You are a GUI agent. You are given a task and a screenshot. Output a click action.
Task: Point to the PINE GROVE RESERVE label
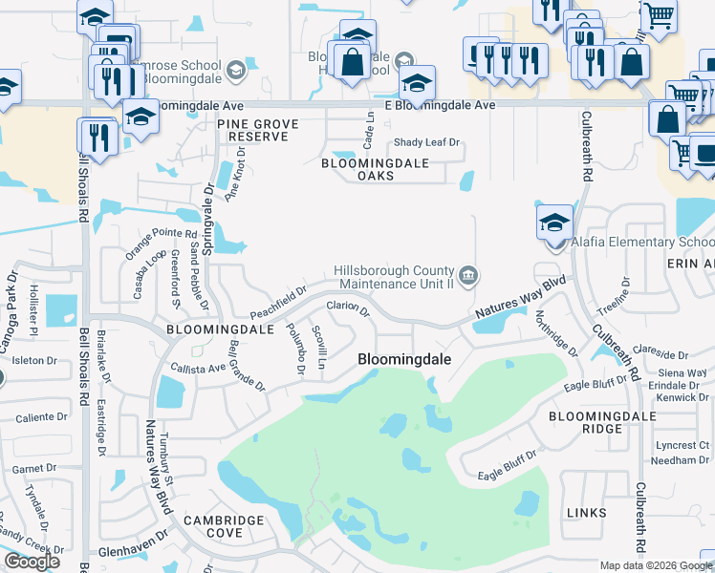[257, 131]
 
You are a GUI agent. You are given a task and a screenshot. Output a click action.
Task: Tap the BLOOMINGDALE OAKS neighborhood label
[374, 169]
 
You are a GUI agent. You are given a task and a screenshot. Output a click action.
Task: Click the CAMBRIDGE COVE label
[226, 526]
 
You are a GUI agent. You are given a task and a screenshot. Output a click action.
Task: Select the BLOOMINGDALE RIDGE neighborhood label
[602, 423]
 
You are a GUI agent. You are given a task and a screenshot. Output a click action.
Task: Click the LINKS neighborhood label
[586, 513]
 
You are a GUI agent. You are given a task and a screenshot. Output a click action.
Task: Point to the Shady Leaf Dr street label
[427, 143]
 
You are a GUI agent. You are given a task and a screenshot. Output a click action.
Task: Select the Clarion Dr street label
[348, 308]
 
